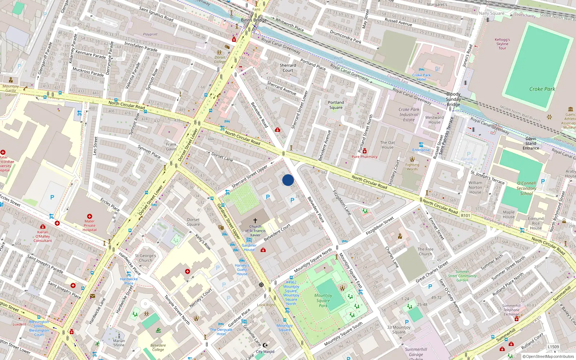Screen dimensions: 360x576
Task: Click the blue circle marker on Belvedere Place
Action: point(288,180)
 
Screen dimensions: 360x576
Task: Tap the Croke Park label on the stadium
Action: point(542,89)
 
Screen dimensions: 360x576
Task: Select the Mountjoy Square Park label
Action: point(323,301)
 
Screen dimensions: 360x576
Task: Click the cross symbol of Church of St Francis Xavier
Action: point(255,220)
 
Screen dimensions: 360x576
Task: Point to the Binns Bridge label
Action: point(254,20)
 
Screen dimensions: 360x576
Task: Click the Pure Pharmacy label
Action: point(364,157)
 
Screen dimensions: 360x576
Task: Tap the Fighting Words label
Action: point(412,167)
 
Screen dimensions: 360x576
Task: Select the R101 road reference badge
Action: point(465,216)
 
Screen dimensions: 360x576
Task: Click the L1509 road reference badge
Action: point(553,347)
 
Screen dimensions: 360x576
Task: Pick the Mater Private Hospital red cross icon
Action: point(90,216)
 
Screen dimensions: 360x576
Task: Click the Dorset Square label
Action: point(193,222)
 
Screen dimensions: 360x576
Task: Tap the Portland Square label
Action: point(336,105)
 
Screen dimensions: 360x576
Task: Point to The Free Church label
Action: point(426,251)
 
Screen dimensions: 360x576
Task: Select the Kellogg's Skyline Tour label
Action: point(502,44)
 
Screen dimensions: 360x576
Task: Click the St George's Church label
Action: point(145,258)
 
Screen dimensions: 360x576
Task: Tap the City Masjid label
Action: point(265,351)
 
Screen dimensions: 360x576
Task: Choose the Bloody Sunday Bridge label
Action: point(453,99)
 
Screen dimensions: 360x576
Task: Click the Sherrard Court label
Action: point(288,68)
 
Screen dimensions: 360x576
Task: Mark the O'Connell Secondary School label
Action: point(526,188)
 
